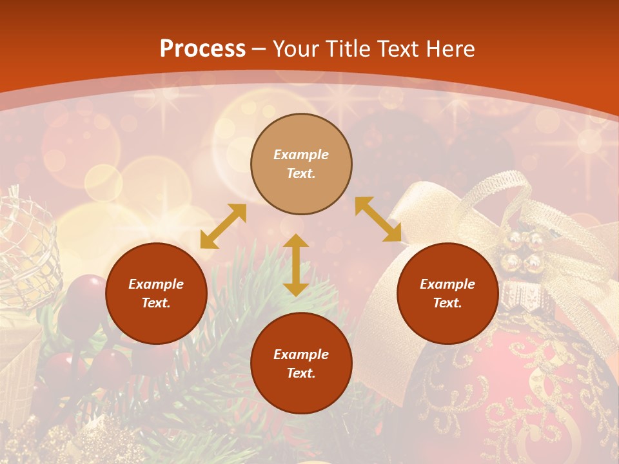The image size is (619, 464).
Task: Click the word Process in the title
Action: [x=202, y=49]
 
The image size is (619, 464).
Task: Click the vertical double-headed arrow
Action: [x=296, y=265]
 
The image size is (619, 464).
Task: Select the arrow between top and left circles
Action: [x=223, y=226]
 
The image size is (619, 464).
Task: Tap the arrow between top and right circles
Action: [x=378, y=219]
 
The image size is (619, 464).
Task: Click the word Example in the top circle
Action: [x=301, y=155]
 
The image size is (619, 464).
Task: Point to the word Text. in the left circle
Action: [x=156, y=303]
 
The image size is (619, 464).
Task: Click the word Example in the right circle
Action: [x=447, y=284]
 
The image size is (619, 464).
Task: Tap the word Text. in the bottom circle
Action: [x=301, y=373]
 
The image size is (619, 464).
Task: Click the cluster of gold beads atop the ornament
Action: [x=524, y=251]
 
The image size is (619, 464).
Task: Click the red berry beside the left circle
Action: [x=87, y=290]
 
